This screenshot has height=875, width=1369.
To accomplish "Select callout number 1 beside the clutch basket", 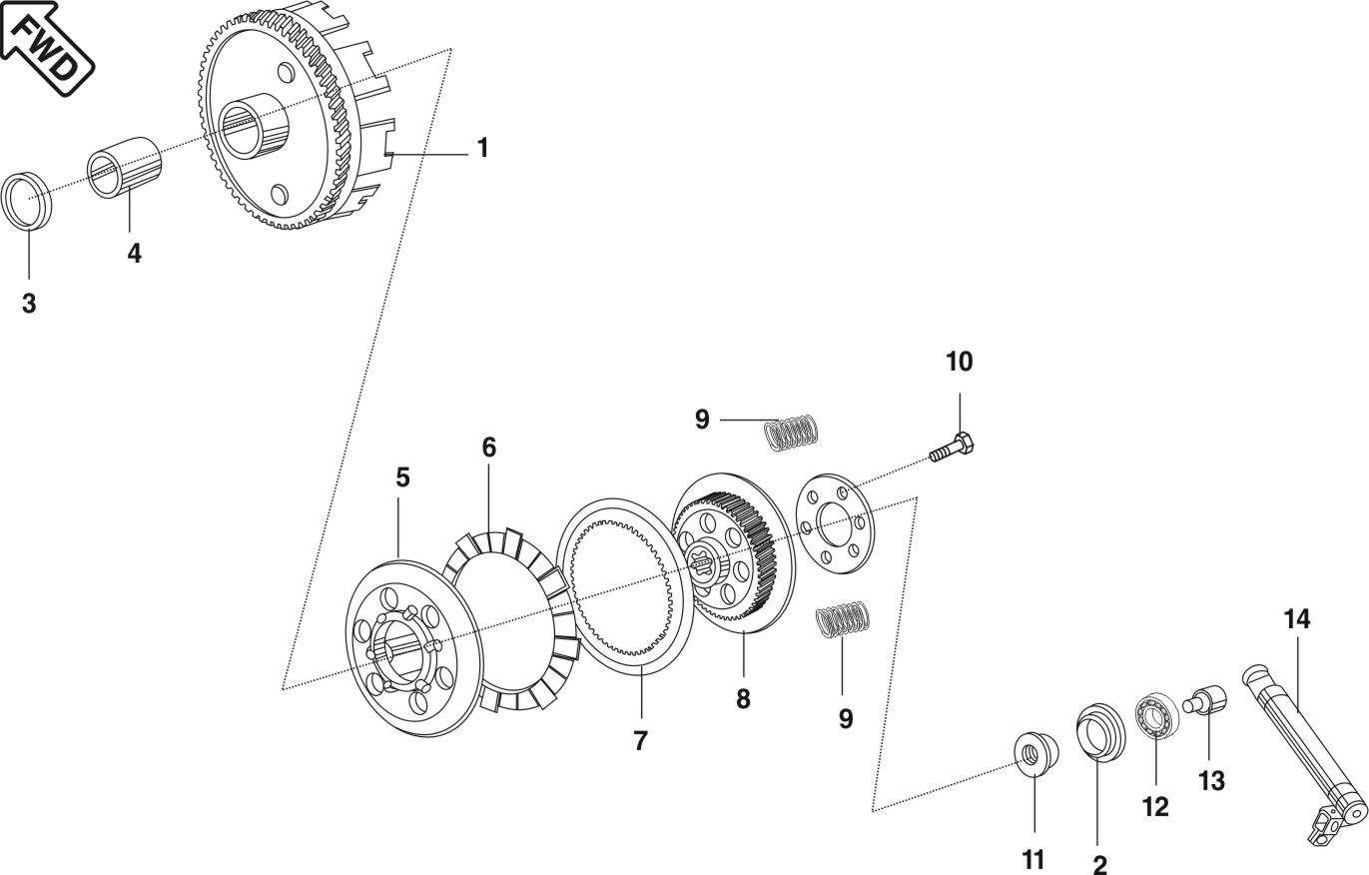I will coord(482,149).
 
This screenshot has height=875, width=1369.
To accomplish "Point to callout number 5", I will coord(402,478).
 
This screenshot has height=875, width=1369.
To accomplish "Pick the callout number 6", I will coord(488,447).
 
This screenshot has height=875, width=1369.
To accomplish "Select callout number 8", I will coord(743,699).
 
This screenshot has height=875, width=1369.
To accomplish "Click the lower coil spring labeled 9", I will coord(844,619).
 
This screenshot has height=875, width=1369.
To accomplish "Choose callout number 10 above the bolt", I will coord(959,362).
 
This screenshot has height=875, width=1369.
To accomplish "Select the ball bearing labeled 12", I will coord(1155,720).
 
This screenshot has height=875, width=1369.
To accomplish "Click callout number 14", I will coord(1296,619).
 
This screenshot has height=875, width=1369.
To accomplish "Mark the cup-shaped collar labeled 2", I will coord(1099,734).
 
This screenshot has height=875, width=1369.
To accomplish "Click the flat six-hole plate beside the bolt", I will coord(835,524).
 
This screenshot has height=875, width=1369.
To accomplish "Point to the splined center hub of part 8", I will coord(708,569).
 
